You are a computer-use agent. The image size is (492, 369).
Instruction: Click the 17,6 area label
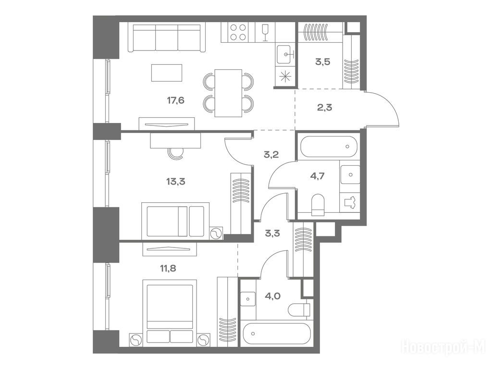point(176,101)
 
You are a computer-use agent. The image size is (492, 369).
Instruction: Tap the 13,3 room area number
point(176,181)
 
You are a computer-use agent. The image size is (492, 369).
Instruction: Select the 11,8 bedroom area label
point(168,268)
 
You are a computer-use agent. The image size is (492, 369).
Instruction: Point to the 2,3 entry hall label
point(324,108)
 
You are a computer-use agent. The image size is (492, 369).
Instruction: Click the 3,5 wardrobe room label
point(323,61)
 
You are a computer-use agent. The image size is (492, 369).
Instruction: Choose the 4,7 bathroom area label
point(317,176)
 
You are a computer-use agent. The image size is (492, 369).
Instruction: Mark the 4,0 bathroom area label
point(273,295)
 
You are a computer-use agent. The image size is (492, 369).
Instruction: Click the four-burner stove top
point(238,32)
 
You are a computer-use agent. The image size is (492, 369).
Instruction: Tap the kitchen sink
point(285,54)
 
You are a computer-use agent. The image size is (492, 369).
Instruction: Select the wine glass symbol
point(265,32)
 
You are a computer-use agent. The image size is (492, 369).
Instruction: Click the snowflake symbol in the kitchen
point(285,76)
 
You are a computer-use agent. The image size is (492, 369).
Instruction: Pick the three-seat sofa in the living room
point(167,37)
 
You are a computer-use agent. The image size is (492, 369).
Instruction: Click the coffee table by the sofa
point(167,73)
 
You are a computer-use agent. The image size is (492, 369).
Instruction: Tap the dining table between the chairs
point(228,93)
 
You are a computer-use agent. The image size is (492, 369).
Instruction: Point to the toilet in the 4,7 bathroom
point(318,205)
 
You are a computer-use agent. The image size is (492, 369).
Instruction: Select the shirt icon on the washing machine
point(350,203)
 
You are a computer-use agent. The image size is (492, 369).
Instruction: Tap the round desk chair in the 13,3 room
point(176,154)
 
